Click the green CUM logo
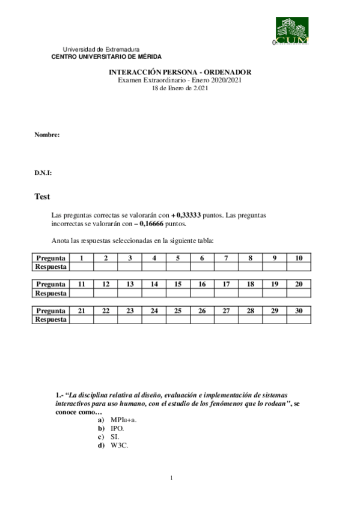pyautogui.click(x=291, y=31)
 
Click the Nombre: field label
pyautogui.click(x=47, y=135)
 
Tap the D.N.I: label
pyautogui.click(x=43, y=173)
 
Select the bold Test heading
pyautogui.click(x=42, y=197)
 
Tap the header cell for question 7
pyautogui.click(x=226, y=258)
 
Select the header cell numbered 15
pyautogui.click(x=178, y=284)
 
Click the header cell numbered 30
pyautogui.click(x=299, y=310)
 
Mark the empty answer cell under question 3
pyautogui.click(x=130, y=266)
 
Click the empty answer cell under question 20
pyautogui.click(x=299, y=293)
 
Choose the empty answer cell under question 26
pyautogui.click(x=202, y=319)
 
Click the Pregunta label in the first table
pyautogui.click(x=51, y=258)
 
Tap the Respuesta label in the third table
pyautogui.click(x=51, y=319)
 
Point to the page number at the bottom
pyautogui.click(x=172, y=478)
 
